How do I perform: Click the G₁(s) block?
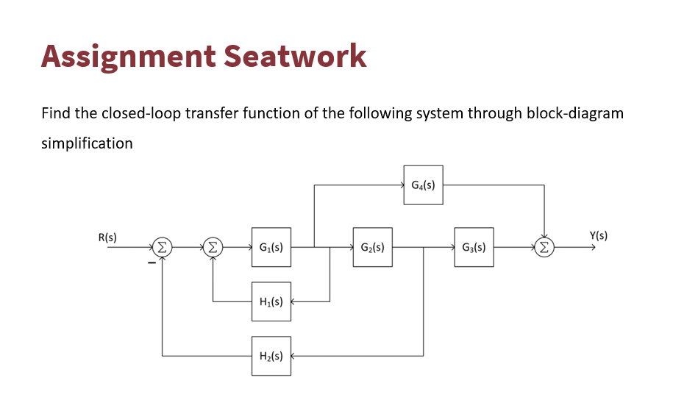pos(271,248)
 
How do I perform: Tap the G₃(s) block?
pos(474,248)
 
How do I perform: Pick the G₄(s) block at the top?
pos(423,185)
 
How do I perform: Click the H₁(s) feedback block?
pos(271,301)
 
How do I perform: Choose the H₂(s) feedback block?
pos(271,356)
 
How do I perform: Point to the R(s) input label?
pos(107,237)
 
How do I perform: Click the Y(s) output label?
pos(599,236)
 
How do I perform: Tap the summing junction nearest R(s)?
pos(162,248)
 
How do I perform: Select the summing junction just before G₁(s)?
pos(213,248)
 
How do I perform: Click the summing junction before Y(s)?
pos(544,248)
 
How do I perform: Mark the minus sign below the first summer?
pos(151,262)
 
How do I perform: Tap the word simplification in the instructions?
pos(87,143)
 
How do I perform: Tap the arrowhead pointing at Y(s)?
pos(589,248)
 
